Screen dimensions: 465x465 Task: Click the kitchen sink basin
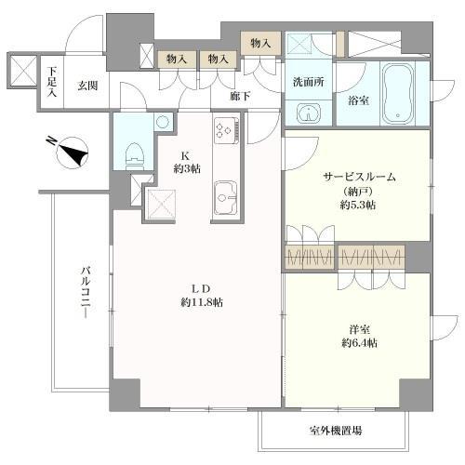click(x=226, y=196)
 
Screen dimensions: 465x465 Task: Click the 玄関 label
click(x=87, y=86)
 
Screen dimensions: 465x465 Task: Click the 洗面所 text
click(x=307, y=81)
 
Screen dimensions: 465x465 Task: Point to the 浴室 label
click(x=357, y=100)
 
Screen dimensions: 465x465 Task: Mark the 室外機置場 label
click(x=336, y=431)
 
